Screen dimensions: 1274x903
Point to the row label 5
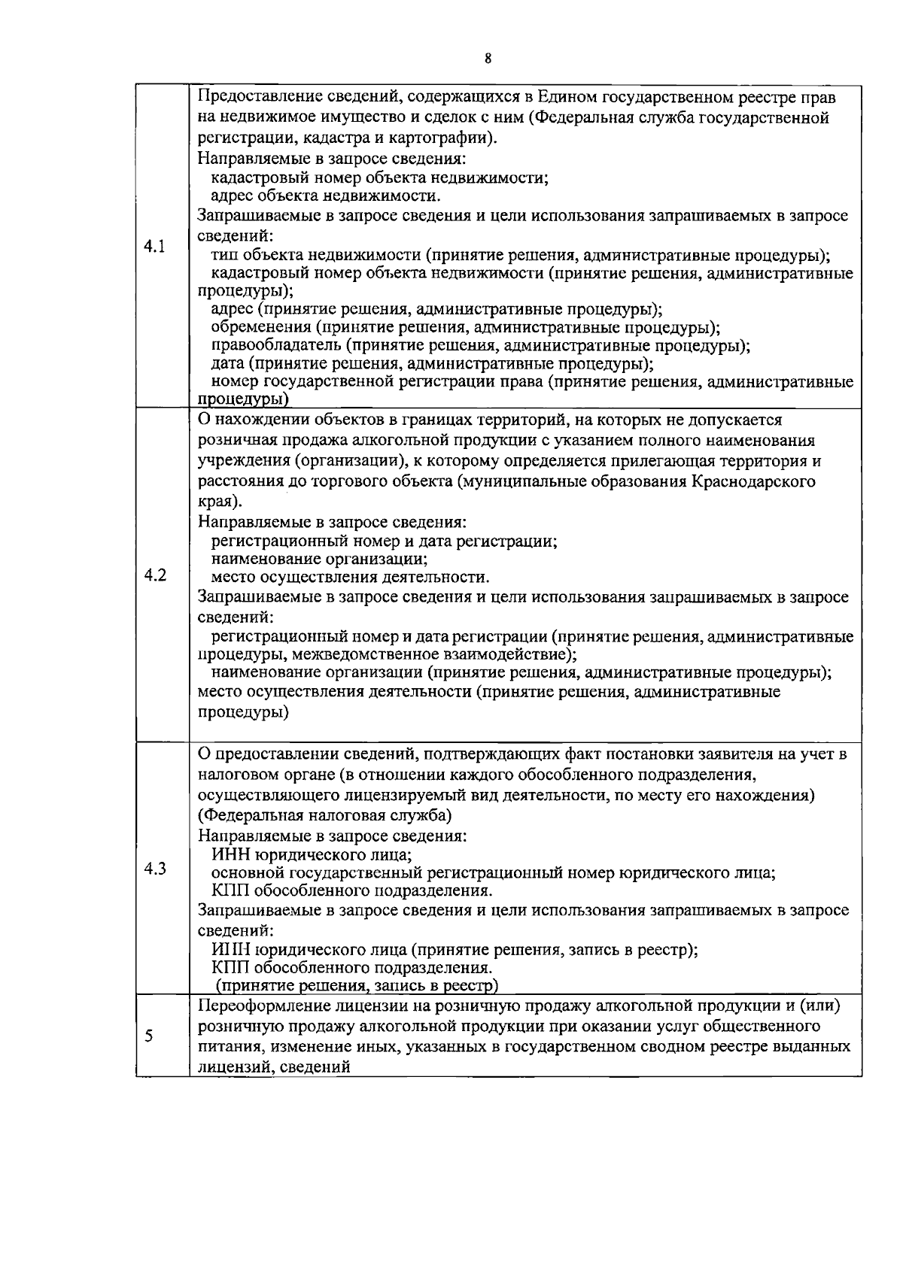[149, 1036]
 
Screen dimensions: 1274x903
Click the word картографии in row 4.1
[443, 138]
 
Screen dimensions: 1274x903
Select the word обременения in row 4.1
[261, 328]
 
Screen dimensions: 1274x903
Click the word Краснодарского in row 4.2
[753, 481]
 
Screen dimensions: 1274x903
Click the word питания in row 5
[225, 1047]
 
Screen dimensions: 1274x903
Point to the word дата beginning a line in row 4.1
[228, 364]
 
